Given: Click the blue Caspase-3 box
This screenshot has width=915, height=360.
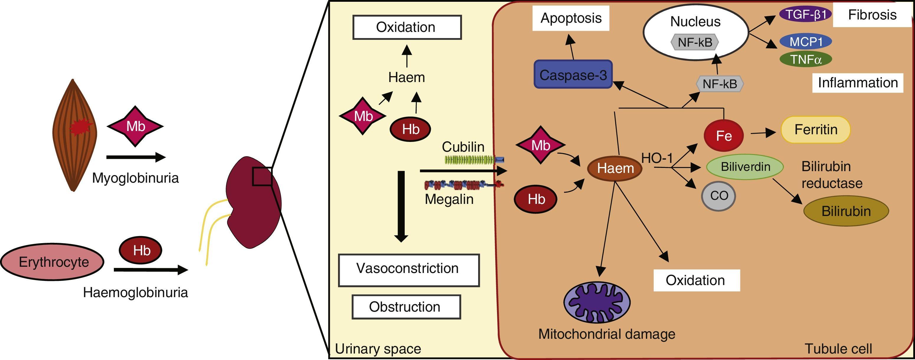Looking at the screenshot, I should tap(573, 74).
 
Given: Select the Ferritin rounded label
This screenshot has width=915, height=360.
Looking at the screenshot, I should tap(816, 130).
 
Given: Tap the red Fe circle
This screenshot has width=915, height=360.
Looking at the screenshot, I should tap(724, 135).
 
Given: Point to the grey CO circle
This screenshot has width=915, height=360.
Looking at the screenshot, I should tap(719, 196).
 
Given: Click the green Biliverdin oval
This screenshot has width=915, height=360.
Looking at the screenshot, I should tap(745, 167).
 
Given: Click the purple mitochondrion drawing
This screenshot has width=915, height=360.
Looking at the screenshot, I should tap(597, 302).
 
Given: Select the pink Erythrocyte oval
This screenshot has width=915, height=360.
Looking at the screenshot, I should tap(52, 262).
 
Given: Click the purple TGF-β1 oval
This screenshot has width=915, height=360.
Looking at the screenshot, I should tap(806, 14).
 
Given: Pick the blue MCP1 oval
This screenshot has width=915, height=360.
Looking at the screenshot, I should tap(806, 42).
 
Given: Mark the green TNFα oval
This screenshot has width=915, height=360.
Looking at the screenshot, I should tap(806, 59).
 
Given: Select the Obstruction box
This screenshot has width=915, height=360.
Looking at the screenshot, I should tap(406, 307).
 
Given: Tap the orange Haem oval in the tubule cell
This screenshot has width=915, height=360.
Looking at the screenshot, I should tap(615, 168).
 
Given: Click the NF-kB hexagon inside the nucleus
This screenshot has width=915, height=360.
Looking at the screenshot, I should tap(695, 42).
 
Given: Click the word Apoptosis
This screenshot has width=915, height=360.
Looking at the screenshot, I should tap(571, 18).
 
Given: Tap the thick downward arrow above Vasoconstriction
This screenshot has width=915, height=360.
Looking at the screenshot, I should tap(401, 206).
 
